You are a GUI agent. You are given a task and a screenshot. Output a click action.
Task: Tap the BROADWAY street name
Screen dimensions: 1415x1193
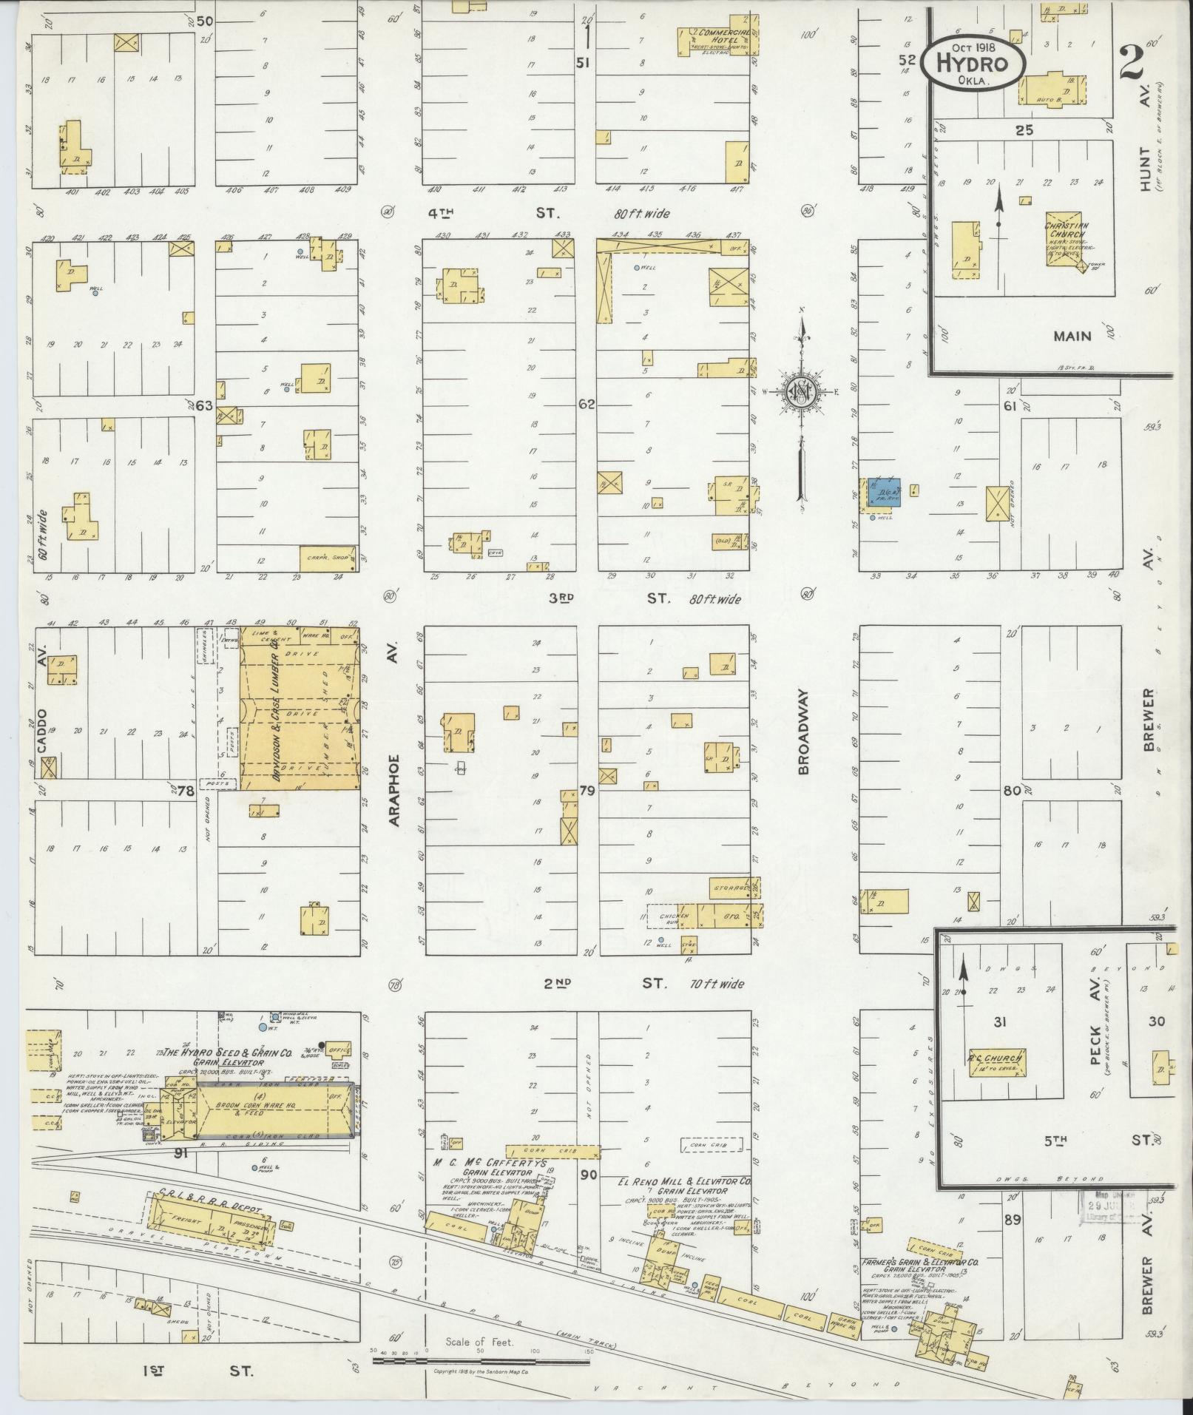pyautogui.click(x=804, y=732)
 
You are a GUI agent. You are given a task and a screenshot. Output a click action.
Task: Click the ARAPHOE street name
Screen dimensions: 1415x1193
pyautogui.click(x=393, y=790)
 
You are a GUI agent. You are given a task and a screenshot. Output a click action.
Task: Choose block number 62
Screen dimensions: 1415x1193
pyautogui.click(x=587, y=404)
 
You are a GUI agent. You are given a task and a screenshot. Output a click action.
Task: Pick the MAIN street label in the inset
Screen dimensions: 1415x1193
pyautogui.click(x=1072, y=336)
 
